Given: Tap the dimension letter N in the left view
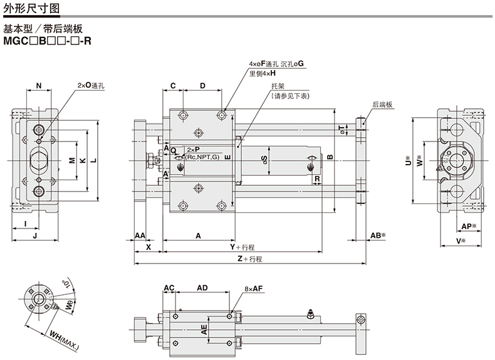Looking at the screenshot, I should (x=39, y=85).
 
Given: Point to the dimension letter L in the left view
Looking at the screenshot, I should (x=93, y=160).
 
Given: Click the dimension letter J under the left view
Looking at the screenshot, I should (x=35, y=236).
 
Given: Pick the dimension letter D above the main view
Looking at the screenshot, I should (x=202, y=85).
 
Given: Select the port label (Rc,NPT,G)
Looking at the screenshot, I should (x=202, y=158).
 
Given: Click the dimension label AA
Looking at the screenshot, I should (x=140, y=236).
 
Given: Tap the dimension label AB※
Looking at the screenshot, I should (x=377, y=236).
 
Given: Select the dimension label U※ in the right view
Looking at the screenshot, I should (x=408, y=160).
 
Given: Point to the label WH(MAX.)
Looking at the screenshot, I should (x=61, y=339).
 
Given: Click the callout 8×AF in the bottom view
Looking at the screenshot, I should (x=253, y=289).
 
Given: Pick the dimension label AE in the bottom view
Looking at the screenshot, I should (x=204, y=331).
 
